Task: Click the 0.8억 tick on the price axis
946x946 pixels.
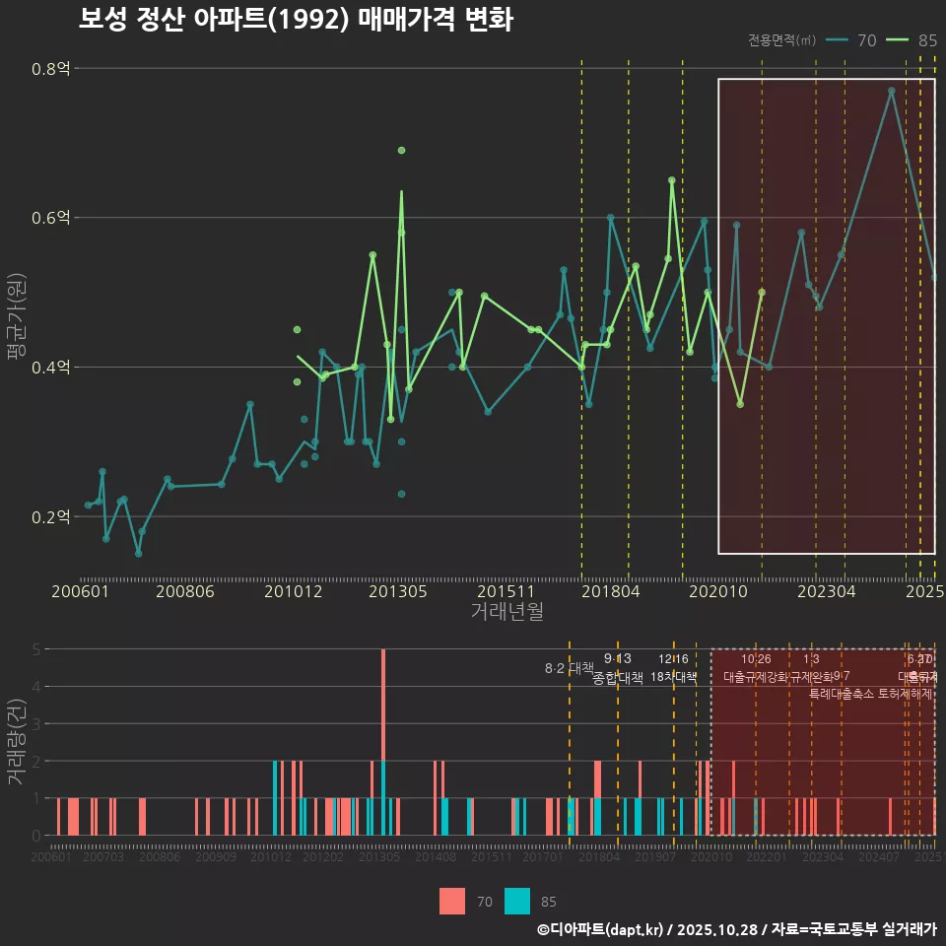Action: point(50,69)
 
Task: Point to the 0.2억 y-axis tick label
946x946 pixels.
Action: point(50,516)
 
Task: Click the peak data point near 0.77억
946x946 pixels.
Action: point(891,91)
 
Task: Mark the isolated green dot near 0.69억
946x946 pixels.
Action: point(401,150)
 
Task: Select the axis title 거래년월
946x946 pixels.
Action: point(507,611)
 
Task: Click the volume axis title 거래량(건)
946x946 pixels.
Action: point(16,742)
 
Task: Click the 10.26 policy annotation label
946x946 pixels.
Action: point(756,659)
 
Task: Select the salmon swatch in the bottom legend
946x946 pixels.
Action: point(452,901)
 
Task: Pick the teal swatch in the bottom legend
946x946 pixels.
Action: point(517,901)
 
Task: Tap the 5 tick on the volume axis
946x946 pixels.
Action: point(36,649)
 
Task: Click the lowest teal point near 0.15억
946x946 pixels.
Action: point(139,554)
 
